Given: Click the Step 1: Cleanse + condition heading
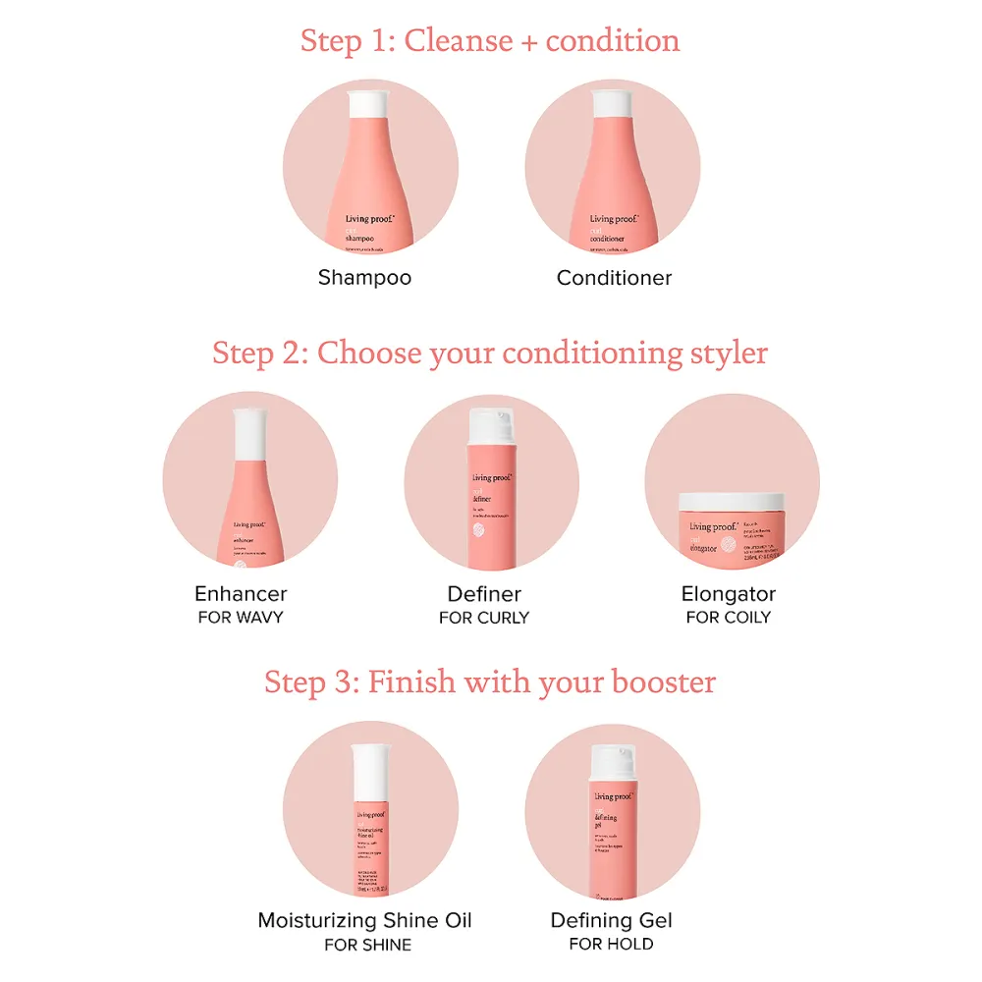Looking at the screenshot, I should coord(490,41).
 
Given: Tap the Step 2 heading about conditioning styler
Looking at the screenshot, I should coord(490,353).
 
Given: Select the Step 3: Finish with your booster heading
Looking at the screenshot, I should coord(490,682).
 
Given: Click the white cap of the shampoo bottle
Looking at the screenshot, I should coord(371,100).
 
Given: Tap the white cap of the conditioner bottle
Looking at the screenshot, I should coord(614,100).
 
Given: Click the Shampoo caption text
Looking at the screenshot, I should coord(364,278).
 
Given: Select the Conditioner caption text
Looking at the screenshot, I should coord(614,278).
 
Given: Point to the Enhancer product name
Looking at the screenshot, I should coord(241,594).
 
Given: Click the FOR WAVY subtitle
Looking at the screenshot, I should coord(241,618).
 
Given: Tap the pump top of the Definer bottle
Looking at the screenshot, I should coord(492,425).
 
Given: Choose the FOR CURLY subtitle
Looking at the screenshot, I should coord(484,618).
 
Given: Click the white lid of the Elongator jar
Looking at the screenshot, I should coord(732,500).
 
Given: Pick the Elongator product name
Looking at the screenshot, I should coord(729,594).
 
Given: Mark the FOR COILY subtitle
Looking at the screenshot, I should coord(729,618).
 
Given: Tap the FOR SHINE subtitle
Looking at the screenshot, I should coord(368,945).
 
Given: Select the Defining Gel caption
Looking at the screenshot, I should coord(611,920).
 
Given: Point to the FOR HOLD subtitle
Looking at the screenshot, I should coord(611,944).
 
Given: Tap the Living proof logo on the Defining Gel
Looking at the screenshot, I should coord(612,796).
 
